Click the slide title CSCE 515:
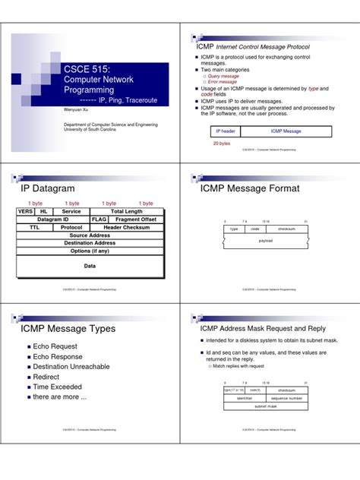click(x=88, y=69)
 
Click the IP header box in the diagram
click(x=225, y=131)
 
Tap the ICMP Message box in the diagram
click(x=281, y=131)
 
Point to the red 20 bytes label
click(x=222, y=143)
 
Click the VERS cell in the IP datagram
click(x=26, y=212)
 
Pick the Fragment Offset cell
click(x=136, y=219)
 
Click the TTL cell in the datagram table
click(x=35, y=227)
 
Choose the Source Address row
click(x=90, y=235)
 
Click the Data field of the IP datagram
click(x=90, y=266)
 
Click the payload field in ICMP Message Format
click(x=265, y=241)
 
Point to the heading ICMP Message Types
click(x=68, y=329)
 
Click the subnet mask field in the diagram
click(x=265, y=406)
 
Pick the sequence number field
click(x=286, y=398)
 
